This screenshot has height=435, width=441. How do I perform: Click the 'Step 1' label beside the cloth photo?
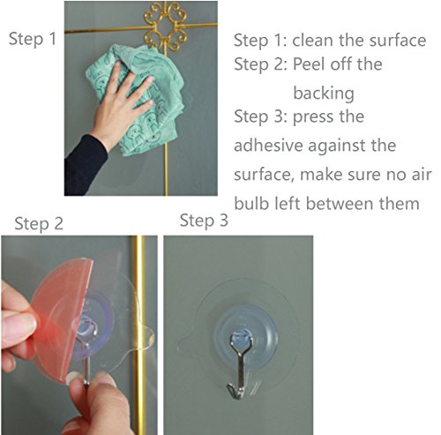coord(33,39)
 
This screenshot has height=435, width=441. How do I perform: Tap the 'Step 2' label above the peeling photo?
coord(39,224)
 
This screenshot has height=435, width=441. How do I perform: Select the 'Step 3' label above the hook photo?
coord(204,221)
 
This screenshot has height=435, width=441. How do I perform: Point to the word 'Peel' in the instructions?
coord(310,64)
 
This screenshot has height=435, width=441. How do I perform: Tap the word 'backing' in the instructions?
coord(324,94)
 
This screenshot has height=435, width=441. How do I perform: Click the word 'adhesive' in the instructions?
coord(268,146)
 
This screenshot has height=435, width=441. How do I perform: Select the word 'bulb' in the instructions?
coord(251,203)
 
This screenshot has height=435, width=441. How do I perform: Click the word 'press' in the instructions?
coord(314,117)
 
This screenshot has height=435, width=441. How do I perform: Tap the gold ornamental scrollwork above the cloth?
coord(166,26)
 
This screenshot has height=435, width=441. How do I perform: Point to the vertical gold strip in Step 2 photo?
coord(138,334)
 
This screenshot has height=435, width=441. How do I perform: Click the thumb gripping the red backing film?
coord(19,320)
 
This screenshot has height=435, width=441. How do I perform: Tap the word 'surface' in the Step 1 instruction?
coord(398,40)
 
